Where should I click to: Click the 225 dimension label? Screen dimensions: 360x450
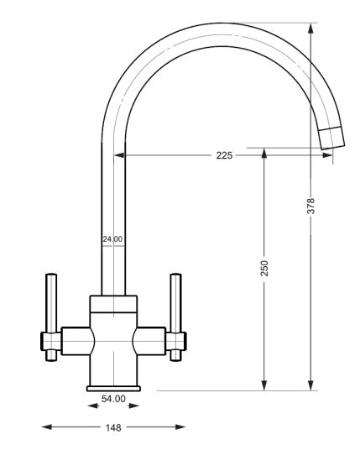(224, 155)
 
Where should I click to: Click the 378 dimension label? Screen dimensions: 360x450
(310, 206)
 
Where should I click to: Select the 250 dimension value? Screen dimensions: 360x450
(264, 269)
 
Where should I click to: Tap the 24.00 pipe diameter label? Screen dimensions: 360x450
(112, 238)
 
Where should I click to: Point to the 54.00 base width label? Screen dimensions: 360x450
(113, 399)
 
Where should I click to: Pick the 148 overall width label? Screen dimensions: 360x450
(113, 427)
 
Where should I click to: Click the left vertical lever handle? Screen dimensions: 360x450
(51, 317)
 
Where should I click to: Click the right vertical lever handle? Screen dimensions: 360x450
(175, 317)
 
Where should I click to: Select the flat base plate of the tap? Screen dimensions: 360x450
(113, 389)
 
